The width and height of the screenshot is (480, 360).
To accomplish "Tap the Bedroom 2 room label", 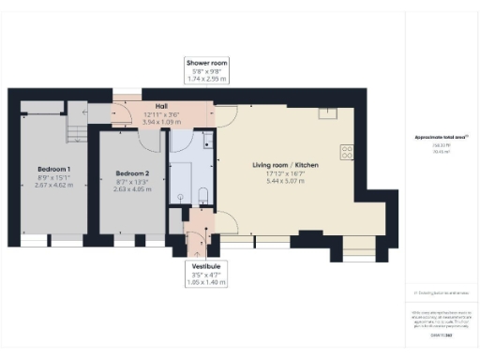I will [x=132, y=172].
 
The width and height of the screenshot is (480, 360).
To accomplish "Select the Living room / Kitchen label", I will [x=285, y=165].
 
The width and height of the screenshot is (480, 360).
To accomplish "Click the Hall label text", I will [x=147, y=106].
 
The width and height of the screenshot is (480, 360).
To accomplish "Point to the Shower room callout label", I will [x=206, y=63].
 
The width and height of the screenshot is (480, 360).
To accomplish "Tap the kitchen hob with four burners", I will [x=349, y=150].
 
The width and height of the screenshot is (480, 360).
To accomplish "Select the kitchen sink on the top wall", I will [x=327, y=114].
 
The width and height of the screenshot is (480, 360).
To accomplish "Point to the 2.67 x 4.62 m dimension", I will [x=53, y=185].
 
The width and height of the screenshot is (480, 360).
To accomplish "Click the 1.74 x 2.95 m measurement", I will [x=206, y=79].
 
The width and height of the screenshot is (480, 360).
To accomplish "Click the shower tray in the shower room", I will [x=181, y=183].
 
